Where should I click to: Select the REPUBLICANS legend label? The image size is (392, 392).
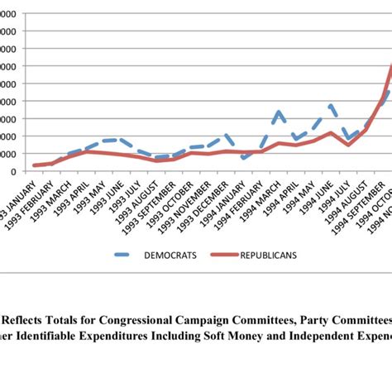(x=270, y=256)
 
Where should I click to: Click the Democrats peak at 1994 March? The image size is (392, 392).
(x=279, y=111)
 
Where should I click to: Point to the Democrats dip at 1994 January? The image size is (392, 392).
(x=244, y=158)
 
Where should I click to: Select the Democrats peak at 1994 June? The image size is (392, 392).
(x=331, y=105)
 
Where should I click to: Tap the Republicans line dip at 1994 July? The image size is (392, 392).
(x=348, y=145)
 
